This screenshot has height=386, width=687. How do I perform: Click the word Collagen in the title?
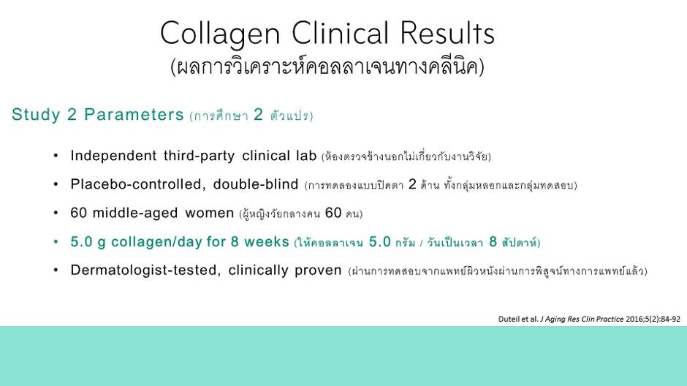tap(220, 34)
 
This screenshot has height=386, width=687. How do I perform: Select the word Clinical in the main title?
tap(340, 33)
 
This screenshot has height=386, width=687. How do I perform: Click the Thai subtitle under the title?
tap(327, 67)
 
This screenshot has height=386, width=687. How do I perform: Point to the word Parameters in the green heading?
tap(134, 114)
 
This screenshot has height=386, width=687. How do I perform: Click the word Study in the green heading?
tap(36, 115)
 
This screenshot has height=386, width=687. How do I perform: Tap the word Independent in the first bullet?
tap(113, 156)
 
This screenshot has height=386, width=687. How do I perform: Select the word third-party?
tap(199, 156)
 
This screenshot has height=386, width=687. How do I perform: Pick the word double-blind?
tap(256, 184)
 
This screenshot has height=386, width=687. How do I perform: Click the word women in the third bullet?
tap(210, 213)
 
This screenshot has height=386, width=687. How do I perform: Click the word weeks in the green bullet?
tap(266, 242)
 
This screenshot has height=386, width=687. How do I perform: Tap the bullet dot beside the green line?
tap(56, 242)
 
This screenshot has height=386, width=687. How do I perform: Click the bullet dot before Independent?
tap(56, 156)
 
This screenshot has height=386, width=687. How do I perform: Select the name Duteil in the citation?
tap(508, 319)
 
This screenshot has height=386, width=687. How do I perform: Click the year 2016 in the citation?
tap(634, 319)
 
